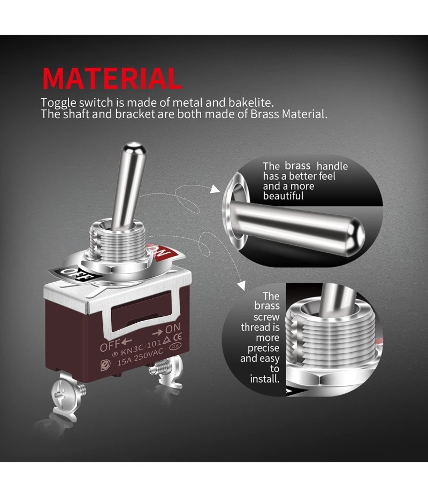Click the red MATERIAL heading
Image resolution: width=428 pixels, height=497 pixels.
point(112,78)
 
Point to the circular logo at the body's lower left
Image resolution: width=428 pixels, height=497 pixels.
point(105,365)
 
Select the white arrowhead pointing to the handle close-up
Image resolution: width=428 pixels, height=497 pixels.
point(215,189)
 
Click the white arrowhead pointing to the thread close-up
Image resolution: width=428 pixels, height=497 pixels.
point(242,285)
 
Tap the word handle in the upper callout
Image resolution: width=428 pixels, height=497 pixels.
point(332,166)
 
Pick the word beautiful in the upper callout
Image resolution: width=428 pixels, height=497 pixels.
point(284,196)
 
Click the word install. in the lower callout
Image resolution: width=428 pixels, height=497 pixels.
point(265,379)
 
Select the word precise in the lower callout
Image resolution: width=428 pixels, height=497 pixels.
point(263,348)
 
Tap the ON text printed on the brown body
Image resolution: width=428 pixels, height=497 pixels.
point(173,328)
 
